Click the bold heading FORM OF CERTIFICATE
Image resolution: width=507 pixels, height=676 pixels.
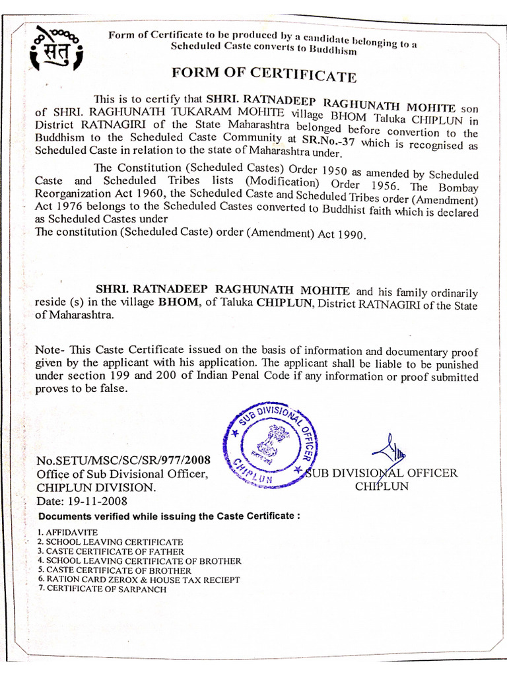[x=264, y=73]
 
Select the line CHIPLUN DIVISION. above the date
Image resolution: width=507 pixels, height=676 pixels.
[x=96, y=487]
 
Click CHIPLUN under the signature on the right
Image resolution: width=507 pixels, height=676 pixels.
[x=382, y=487]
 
